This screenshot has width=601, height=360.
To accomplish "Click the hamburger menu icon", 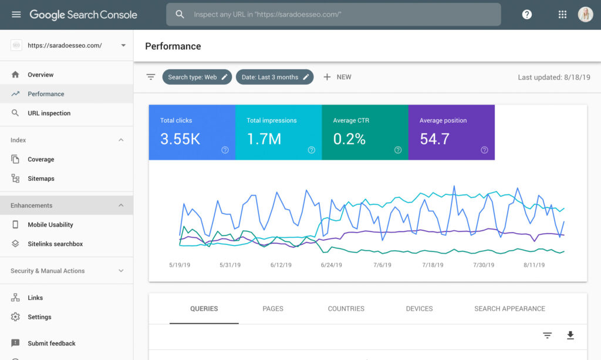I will click(x=16, y=15).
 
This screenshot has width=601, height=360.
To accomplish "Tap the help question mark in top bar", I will click(x=527, y=15).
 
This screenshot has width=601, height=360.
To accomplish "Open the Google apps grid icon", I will click(x=562, y=15).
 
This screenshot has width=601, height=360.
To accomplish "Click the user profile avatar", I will click(x=585, y=15).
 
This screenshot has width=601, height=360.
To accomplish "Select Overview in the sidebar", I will click(x=40, y=75).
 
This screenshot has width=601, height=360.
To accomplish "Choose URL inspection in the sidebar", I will click(x=49, y=113).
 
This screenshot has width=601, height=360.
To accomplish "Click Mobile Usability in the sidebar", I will click(x=50, y=225).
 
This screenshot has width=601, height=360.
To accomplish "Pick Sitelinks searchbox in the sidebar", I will click(x=55, y=244).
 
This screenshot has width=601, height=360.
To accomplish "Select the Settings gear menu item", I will click(x=39, y=317).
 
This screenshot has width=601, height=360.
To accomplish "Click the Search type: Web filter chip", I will click(x=197, y=77).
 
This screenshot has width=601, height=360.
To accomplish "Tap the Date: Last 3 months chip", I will click(x=275, y=77).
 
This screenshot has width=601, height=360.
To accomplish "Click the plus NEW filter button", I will click(x=337, y=77).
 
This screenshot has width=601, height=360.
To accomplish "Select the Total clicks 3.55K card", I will click(x=192, y=132).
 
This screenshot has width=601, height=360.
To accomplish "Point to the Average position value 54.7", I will click(x=435, y=139).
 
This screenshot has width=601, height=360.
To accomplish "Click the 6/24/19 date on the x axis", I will click(x=332, y=265).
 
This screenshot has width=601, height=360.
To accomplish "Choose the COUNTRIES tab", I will click(x=346, y=309).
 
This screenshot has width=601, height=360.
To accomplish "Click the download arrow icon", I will click(x=570, y=335).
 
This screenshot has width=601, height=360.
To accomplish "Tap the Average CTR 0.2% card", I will click(x=364, y=132).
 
